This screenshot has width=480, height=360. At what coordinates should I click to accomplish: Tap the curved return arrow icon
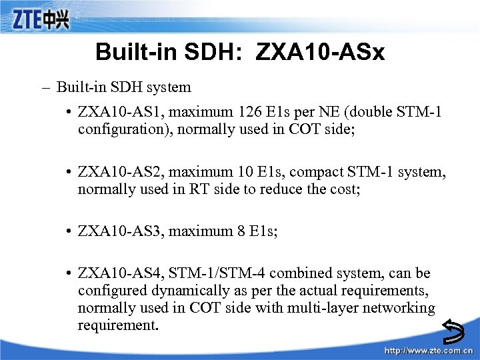(455, 329)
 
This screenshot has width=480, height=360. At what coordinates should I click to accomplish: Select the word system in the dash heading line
(171, 87)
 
